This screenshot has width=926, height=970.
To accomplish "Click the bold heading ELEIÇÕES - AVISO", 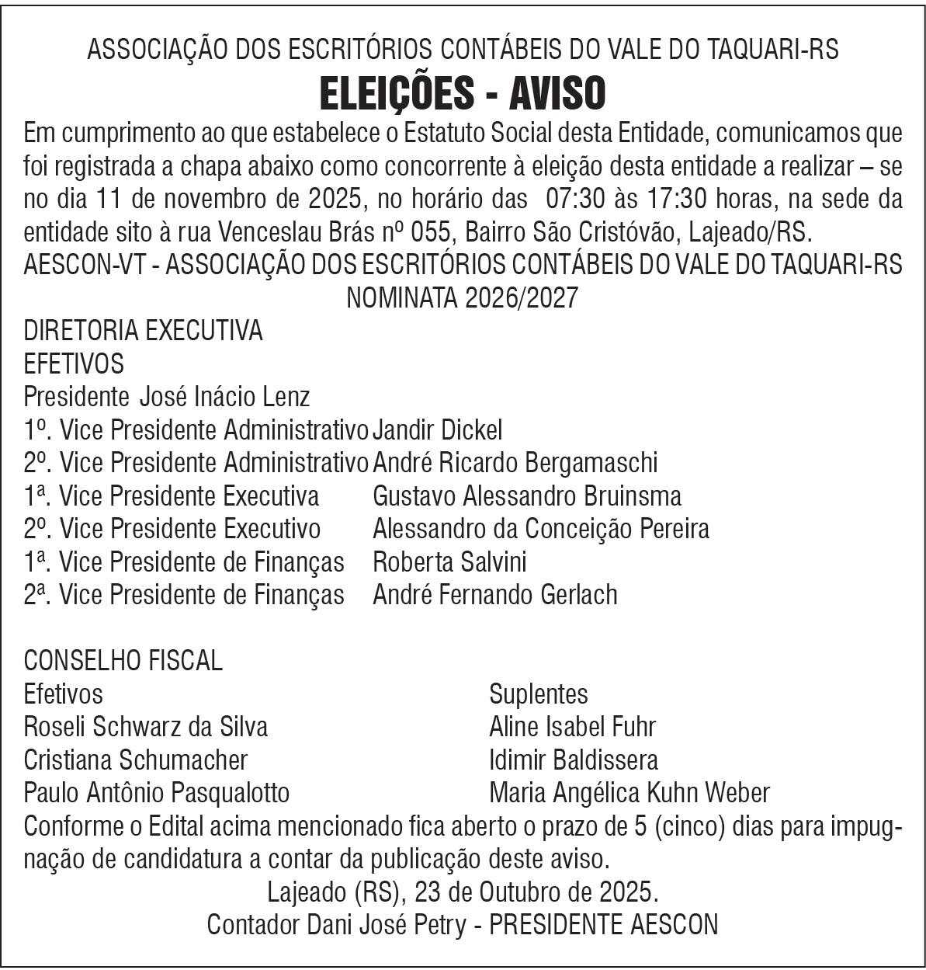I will coord(463,94).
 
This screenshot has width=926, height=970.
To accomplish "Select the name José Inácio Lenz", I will coord(224,397).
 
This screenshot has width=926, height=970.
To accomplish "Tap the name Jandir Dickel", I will coord(438,429).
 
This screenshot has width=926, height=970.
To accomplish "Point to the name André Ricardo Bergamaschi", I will coord(515,463).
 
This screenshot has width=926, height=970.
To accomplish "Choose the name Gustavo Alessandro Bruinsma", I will coord(527,495).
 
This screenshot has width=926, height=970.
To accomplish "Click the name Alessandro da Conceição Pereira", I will coord(540,529).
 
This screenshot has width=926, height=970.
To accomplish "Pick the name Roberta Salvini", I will coord(449,561).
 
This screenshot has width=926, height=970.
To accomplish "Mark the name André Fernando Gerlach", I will coord(495,595).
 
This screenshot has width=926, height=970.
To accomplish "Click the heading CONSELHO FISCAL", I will coord(123,661).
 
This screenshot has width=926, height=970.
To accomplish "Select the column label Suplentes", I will coord(539,694).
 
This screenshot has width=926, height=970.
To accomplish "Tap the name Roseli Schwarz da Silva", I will coord(146,727).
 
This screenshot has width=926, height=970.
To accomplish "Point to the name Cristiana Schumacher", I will coord(136,760).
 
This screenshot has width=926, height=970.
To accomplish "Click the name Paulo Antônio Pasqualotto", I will coord(157,793).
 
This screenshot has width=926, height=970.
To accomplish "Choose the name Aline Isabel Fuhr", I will coord(572,727).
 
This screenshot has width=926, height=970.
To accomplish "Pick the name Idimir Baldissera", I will coord(574,760).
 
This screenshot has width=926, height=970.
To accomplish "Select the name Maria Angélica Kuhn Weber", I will coord(629,793).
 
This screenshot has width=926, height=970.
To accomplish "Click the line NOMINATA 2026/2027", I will coord(463,297).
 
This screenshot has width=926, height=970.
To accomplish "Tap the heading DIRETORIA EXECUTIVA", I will coord(144,331).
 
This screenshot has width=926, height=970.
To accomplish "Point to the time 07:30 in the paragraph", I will coord(571,199).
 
